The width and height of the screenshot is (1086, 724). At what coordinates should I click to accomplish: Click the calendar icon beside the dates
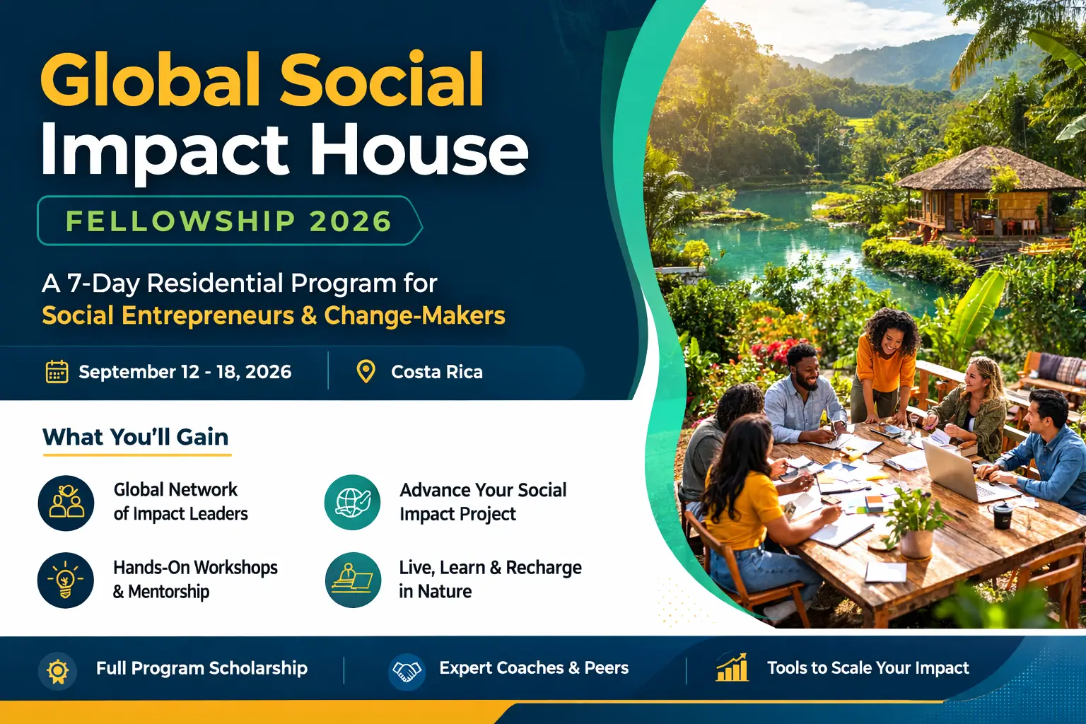(x=57, y=371)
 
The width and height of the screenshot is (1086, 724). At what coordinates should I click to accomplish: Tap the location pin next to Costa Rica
(x=366, y=371)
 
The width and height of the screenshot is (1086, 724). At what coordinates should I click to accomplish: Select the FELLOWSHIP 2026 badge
(x=228, y=221)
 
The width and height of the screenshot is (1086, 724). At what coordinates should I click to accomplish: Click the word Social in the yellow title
(x=382, y=80)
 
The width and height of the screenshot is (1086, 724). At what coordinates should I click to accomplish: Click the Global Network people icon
(x=66, y=503)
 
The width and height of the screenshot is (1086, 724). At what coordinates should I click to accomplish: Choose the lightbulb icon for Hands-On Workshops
(x=66, y=580)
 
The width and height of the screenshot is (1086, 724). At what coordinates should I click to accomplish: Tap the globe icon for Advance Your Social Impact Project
(x=353, y=503)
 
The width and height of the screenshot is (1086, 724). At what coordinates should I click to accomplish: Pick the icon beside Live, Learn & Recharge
(x=353, y=580)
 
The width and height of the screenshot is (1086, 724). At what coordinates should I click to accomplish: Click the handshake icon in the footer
(x=407, y=670)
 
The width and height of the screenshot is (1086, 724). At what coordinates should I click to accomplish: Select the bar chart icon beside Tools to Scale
(x=732, y=667)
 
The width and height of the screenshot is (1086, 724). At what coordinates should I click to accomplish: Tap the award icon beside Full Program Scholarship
(x=57, y=670)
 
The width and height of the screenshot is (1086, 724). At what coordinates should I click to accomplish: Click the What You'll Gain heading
(x=136, y=437)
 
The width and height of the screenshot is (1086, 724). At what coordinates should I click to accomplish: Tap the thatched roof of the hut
(x=990, y=170)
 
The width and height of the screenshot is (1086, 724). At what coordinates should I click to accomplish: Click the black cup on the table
(x=1002, y=515)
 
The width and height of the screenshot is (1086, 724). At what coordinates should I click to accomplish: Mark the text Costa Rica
(x=437, y=372)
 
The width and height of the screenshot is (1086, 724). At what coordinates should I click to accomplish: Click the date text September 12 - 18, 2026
(x=185, y=372)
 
